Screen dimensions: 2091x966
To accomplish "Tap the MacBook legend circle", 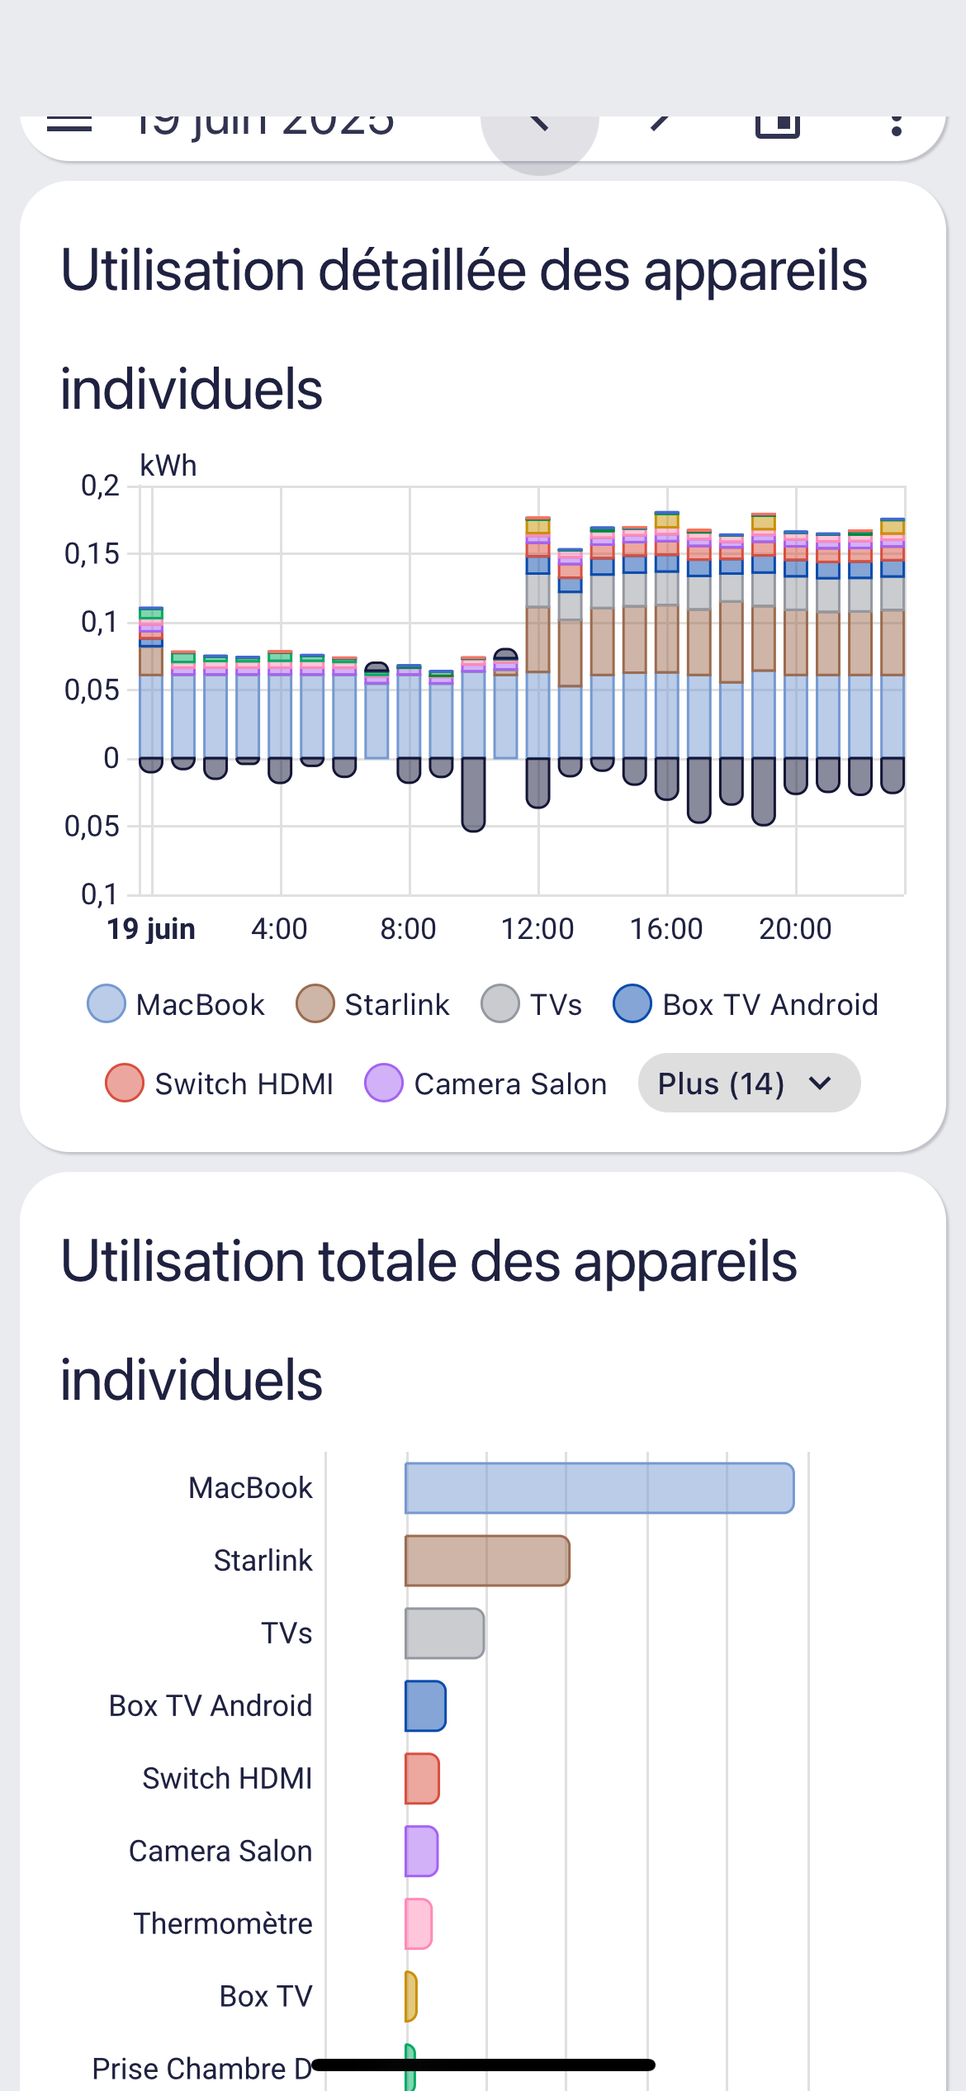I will [107, 1004].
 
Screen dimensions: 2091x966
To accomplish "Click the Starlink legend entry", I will [373, 1004].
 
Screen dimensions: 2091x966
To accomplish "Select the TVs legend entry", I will [532, 1004].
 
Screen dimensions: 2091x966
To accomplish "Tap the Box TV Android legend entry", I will [746, 1004].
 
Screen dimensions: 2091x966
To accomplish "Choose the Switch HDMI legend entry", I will [220, 1083].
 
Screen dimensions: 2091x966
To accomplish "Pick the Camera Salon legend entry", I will [486, 1083].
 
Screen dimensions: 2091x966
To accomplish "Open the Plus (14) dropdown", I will [749, 1083].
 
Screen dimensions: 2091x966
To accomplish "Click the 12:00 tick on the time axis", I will [537, 929].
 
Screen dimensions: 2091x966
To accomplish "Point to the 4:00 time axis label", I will [279, 929].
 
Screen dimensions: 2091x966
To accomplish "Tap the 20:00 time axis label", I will [795, 929].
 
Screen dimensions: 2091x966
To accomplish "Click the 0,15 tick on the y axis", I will [92, 554].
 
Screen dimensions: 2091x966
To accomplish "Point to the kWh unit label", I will [168, 466].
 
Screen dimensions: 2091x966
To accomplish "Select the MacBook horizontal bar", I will [599, 1488].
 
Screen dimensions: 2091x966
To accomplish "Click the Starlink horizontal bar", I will [487, 1561].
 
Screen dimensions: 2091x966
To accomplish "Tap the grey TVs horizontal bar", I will [444, 1633].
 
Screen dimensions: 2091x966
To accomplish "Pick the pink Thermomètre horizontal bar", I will [419, 1924].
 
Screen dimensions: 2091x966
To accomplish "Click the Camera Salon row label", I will [220, 1852].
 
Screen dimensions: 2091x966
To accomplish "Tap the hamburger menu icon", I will [69, 124].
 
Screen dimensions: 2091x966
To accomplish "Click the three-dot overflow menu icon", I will [897, 126].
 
